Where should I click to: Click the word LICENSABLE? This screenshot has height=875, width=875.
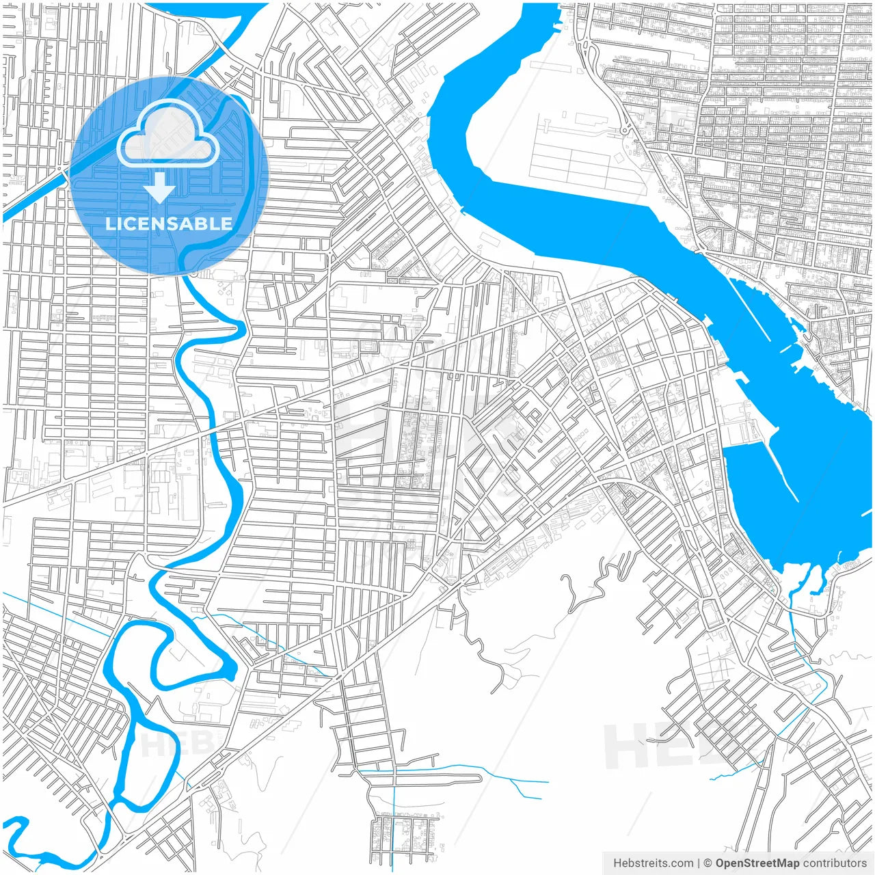169,224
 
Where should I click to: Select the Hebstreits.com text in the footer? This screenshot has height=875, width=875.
653,863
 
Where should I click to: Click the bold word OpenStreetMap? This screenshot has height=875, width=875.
757,863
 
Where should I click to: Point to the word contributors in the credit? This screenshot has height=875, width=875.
835,863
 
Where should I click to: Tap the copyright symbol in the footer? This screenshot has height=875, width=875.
708,863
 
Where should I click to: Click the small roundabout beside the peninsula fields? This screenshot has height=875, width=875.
625,130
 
